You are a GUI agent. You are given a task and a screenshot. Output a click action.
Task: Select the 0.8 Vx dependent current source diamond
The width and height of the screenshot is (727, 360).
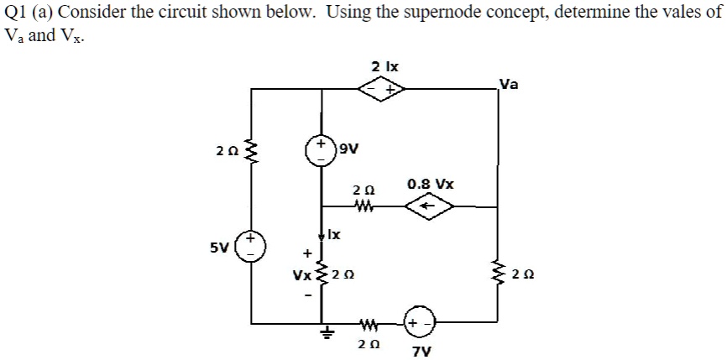point(429,204)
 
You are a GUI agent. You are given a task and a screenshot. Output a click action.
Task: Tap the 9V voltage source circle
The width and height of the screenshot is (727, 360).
point(322,152)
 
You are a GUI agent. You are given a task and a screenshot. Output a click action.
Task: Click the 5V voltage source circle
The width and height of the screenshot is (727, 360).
point(249,249)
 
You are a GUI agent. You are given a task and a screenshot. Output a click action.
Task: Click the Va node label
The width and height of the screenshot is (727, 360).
point(509,83)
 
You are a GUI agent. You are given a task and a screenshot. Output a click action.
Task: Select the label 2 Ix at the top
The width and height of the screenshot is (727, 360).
point(384,65)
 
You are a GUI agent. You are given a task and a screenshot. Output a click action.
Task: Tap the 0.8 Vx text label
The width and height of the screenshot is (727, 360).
point(430,182)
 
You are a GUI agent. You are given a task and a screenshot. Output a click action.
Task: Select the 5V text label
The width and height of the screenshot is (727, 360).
point(221,248)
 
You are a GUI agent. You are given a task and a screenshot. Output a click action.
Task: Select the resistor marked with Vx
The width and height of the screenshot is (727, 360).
point(322,274)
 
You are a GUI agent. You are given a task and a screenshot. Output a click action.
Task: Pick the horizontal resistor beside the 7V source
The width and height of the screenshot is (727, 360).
point(368,324)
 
